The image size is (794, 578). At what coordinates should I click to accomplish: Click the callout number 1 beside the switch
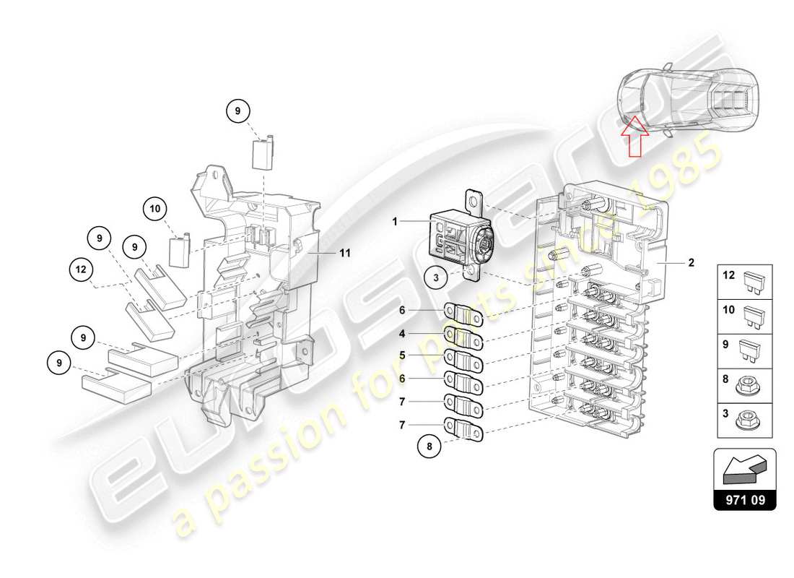pyautogui.click(x=396, y=223)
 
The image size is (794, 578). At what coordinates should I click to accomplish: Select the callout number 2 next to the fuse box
pyautogui.click(x=691, y=263)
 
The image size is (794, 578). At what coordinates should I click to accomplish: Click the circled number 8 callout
pyautogui.click(x=430, y=446)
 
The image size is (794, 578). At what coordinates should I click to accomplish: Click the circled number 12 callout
pyautogui.click(x=80, y=271)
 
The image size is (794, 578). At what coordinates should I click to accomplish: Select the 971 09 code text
pyautogui.click(x=745, y=498)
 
